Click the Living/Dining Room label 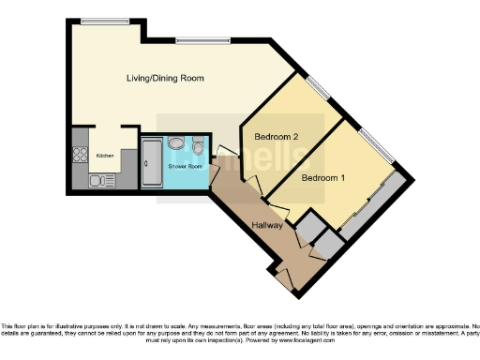click(165, 78)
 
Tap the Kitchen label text click(106, 155)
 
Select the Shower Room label click(185, 166)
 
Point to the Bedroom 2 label click(277, 137)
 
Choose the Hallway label click(269, 226)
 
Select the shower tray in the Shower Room click(151, 162)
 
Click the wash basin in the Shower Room click(177, 144)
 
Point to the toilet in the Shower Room click(198, 147)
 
